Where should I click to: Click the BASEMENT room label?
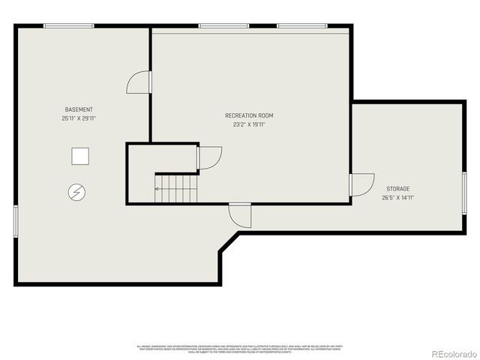[x=79, y=109]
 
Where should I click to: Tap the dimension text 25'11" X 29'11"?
[x=79, y=118]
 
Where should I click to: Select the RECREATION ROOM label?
[x=249, y=115]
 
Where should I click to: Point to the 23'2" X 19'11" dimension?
[x=249, y=124]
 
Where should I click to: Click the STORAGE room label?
[x=398, y=188]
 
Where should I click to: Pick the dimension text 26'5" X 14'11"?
[x=398, y=197]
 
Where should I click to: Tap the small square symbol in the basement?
[x=80, y=157]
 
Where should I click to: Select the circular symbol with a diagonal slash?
[x=76, y=193]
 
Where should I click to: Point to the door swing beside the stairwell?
[x=210, y=157]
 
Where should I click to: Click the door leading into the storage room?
[x=361, y=184]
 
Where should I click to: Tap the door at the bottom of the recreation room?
[x=241, y=214]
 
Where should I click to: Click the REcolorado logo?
[x=447, y=352]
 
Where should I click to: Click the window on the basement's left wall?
[x=15, y=222]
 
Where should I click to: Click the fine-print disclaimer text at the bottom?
[x=240, y=348]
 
